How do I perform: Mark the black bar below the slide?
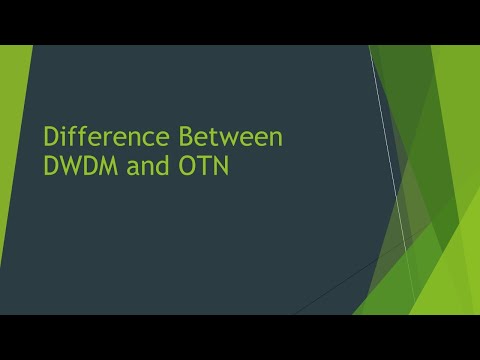click(240, 337)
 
